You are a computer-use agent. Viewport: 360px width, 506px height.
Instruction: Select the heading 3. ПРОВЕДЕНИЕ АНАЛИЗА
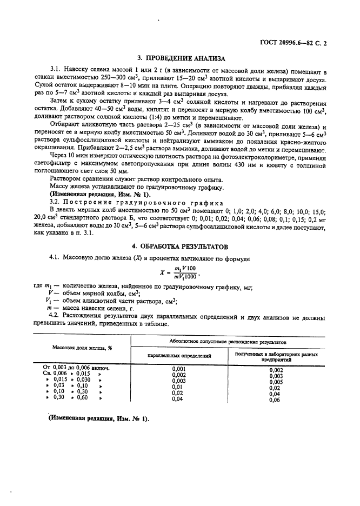point(179,58)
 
